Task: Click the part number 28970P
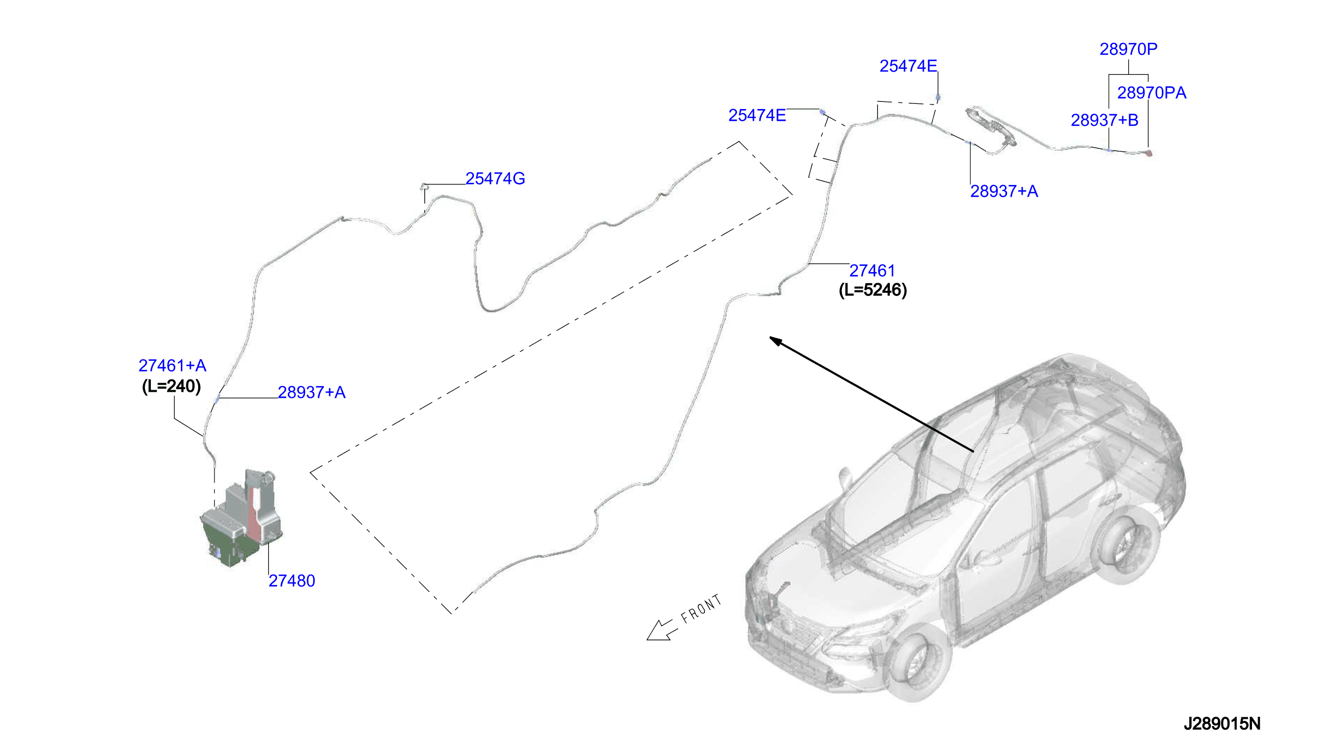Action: tap(1128, 49)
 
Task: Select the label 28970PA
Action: tap(1151, 93)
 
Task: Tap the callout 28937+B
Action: tap(1104, 120)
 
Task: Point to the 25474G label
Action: tap(495, 179)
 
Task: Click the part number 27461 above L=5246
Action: tap(872, 271)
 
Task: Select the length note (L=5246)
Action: tap(873, 290)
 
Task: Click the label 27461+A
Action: tap(172, 366)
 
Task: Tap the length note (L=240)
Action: tap(171, 386)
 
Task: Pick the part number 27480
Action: tap(292, 581)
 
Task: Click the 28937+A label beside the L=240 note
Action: tap(311, 392)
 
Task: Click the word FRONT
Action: tap(701, 609)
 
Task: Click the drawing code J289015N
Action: tap(1222, 723)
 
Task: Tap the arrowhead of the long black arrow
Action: tap(775, 341)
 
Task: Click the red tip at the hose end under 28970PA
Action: tap(1149, 153)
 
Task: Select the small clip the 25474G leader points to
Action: tap(424, 186)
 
